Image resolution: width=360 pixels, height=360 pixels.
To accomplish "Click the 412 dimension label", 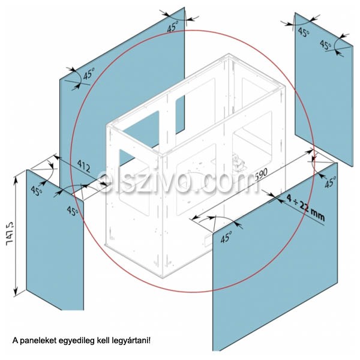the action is (x=83, y=166).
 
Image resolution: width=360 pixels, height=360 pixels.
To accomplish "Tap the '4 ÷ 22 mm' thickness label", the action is (x=305, y=208).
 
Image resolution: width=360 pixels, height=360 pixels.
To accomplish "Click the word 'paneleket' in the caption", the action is (x=38, y=340).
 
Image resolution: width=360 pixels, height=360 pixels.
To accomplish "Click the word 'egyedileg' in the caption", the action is (x=77, y=341).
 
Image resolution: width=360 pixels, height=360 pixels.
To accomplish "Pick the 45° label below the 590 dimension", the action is (x=226, y=237).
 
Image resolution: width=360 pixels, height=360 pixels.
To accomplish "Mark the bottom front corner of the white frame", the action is (x=163, y=278).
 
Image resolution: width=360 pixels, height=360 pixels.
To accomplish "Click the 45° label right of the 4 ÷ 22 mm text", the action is (x=330, y=182).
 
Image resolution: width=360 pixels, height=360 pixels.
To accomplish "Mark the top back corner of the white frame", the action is (x=229, y=54).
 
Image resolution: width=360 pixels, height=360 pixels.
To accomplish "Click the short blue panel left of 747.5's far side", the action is (x=55, y=239).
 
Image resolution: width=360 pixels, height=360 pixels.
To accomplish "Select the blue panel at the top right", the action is (x=324, y=89).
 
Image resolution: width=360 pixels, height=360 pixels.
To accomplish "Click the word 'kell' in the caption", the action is (x=103, y=340).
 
